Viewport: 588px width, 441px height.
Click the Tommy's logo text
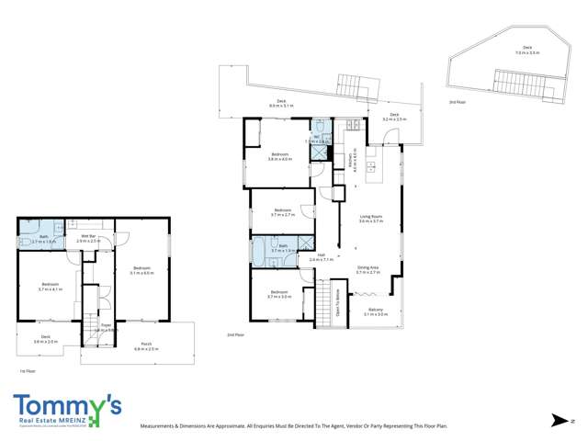click(67, 404)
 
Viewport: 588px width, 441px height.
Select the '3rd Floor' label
click(457, 102)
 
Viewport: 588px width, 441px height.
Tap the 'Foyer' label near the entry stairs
click(106, 326)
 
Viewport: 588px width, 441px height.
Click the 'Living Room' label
click(370, 219)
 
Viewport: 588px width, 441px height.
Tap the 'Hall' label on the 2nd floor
click(322, 256)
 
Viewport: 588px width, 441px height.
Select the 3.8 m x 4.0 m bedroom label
click(280, 156)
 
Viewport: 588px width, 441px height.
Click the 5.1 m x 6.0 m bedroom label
click(141, 270)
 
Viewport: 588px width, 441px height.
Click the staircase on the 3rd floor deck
click(525, 83)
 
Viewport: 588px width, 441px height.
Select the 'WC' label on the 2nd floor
click(316, 138)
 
